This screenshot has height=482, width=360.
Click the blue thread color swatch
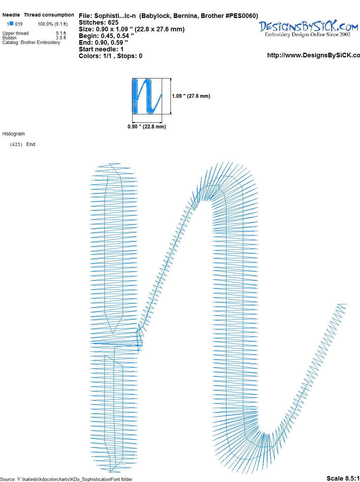(x=11, y=24)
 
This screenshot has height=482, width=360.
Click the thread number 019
(x=19, y=24)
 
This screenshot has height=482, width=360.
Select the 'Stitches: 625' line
(x=98, y=23)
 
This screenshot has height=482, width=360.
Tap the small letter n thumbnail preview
(x=147, y=96)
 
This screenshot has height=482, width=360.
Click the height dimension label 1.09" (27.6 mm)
(x=191, y=96)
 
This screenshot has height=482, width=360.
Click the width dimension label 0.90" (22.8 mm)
(x=147, y=127)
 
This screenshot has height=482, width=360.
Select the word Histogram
(x=13, y=134)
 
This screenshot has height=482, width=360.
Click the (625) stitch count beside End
(x=16, y=145)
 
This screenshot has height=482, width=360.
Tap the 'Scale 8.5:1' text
(x=343, y=478)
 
